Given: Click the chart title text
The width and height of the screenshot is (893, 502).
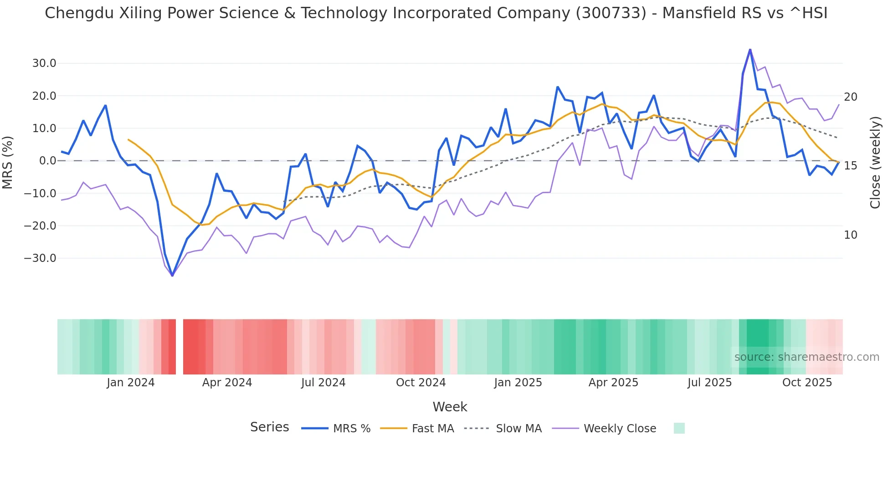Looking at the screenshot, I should (x=436, y=13).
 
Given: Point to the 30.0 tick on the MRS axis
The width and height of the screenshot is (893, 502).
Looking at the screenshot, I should (x=44, y=63).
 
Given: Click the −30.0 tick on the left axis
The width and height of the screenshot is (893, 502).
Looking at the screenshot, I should (x=40, y=258).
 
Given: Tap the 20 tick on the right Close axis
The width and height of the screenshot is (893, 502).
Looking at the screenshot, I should (x=851, y=97).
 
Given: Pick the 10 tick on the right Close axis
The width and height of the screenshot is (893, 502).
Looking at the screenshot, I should (x=851, y=235).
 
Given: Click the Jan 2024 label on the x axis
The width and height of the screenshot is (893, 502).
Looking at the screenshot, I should (x=131, y=383).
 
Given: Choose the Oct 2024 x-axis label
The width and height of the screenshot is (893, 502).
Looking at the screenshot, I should (x=421, y=383).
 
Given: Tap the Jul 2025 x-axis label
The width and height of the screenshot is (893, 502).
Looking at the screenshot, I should (x=709, y=383).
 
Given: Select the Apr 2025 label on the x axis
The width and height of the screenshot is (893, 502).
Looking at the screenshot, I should (x=613, y=383).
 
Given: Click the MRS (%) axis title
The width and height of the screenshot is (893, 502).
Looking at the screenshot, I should (x=8, y=162).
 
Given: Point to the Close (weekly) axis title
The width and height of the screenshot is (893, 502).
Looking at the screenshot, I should (x=875, y=163).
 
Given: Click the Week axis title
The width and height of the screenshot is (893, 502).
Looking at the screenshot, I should (x=450, y=407).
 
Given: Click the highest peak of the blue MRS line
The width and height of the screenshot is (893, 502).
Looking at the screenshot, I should (x=750, y=50).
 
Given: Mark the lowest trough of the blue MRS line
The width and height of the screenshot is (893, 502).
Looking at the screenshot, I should (x=172, y=276).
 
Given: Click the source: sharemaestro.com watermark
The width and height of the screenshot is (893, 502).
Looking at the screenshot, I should (x=806, y=357).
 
